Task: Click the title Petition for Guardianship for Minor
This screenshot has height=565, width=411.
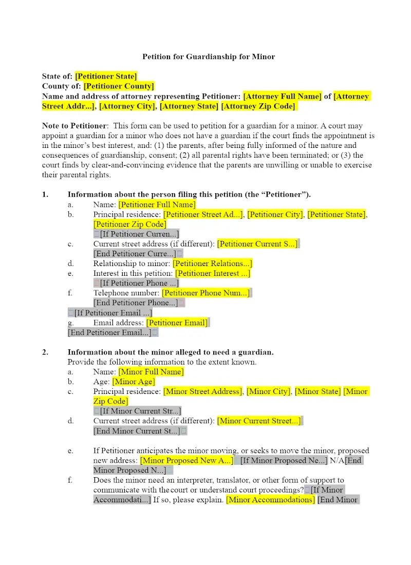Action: pyautogui.click(x=208, y=56)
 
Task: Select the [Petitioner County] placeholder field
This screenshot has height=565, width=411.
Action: pyautogui.click(x=119, y=86)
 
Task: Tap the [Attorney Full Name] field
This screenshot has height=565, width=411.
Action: pyautogui.click(x=283, y=96)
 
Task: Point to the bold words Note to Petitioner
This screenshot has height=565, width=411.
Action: pyautogui.click(x=75, y=126)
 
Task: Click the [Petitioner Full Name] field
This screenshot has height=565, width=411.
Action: pyautogui.click(x=157, y=204)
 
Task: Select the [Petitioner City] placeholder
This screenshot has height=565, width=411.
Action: pyautogui.click(x=275, y=214)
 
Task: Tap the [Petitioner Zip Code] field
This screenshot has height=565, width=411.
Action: pyautogui.click(x=130, y=224)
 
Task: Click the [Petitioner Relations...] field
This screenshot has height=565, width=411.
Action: pyautogui.click(x=212, y=263)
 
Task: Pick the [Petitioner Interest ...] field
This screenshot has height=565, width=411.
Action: pyautogui.click(x=213, y=273)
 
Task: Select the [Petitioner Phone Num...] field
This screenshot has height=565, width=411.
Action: pyautogui.click(x=206, y=293)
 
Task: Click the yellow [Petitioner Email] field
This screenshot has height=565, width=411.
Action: pyautogui.click(x=177, y=323)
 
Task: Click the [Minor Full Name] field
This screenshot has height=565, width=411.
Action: pyautogui.click(x=151, y=372)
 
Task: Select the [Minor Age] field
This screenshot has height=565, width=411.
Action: pyautogui.click(x=134, y=382)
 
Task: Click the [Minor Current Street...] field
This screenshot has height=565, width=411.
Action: pyautogui.click(x=259, y=421)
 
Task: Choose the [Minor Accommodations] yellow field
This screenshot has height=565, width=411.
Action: pyautogui.click(x=270, y=500)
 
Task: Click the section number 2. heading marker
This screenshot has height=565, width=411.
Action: pyautogui.click(x=46, y=352)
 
